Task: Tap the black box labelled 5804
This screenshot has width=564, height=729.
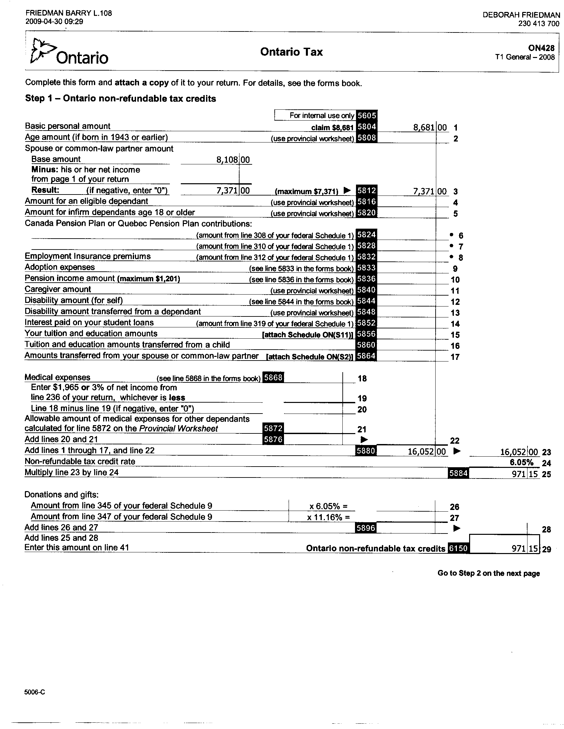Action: point(367,127)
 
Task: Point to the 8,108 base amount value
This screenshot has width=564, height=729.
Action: point(227,160)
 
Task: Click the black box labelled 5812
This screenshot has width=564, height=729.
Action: point(367,191)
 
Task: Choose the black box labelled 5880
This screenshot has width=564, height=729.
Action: point(367,451)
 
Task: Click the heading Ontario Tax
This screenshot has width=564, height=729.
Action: point(291,52)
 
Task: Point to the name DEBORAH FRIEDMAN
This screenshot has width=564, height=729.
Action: point(521,15)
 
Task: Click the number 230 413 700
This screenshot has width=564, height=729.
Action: point(538,24)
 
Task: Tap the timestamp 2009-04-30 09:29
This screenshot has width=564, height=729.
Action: point(54,22)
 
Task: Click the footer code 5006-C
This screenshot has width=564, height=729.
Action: point(35,692)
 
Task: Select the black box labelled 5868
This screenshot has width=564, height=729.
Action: point(273,377)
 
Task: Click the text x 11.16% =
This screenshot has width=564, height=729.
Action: point(328,517)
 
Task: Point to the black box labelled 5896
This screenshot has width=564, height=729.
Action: point(367,528)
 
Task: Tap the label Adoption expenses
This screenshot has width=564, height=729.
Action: point(60,267)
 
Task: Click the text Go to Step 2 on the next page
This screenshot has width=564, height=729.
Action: point(488,573)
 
